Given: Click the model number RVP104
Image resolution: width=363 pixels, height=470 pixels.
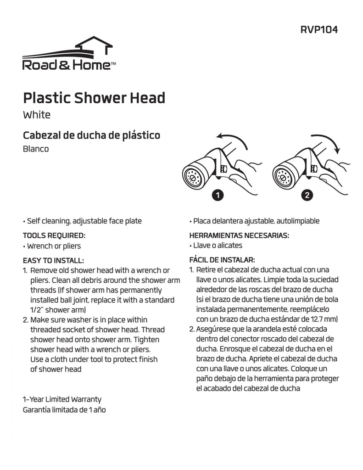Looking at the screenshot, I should (x=319, y=30).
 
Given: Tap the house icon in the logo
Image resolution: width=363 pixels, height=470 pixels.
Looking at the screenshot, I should (x=94, y=46).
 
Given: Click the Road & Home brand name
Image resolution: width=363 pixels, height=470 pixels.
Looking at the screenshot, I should (x=67, y=65).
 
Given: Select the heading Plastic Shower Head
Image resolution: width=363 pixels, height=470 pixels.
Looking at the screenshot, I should (x=94, y=98).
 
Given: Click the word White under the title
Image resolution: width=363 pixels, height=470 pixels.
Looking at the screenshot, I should (x=37, y=115).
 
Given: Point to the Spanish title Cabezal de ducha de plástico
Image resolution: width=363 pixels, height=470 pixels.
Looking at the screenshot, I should (x=91, y=135).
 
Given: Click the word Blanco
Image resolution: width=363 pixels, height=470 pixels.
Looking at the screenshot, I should (x=36, y=149).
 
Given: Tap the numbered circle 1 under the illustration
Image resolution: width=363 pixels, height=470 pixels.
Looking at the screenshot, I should (x=218, y=195).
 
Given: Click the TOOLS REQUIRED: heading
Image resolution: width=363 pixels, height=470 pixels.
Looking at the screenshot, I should (x=54, y=235).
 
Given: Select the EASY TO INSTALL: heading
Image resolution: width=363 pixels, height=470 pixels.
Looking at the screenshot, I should (x=54, y=260).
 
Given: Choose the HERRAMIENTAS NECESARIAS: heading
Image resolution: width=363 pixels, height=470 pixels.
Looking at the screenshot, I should (x=239, y=235).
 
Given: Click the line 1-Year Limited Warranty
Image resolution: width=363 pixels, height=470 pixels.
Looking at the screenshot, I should (x=62, y=399).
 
